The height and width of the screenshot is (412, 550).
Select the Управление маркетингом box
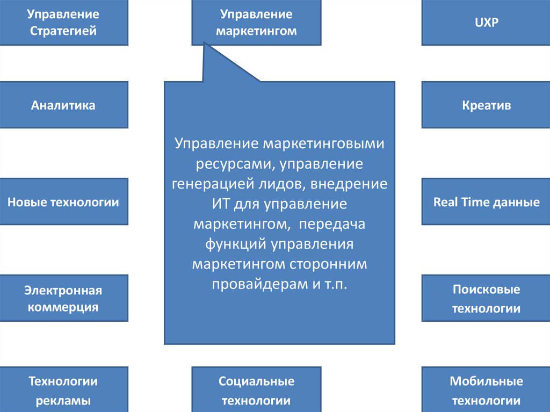[x=256, y=22]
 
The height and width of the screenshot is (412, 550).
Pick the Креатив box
[x=487, y=105]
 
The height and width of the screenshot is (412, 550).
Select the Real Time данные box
[x=487, y=202]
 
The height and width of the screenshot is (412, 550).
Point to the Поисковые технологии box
[x=487, y=299]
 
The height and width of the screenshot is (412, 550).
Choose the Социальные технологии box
[x=256, y=390]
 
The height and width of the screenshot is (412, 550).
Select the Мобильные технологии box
[x=487, y=390]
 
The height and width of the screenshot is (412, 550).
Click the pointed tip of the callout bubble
[x=205, y=45]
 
